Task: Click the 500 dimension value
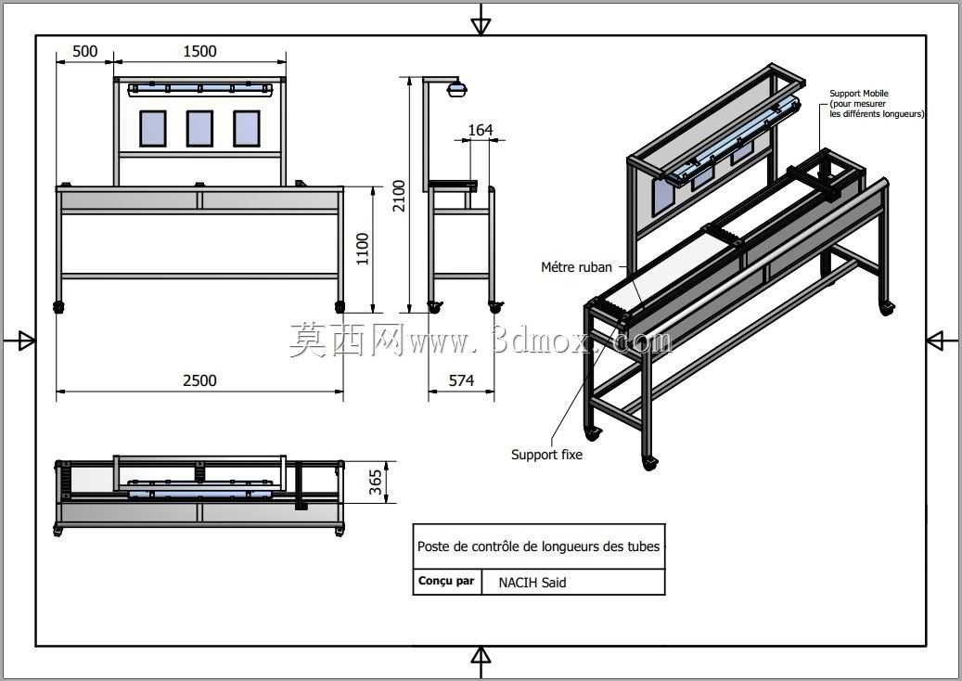pyautogui.click(x=84, y=52)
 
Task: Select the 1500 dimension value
pyautogui.click(x=200, y=52)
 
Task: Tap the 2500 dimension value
pyautogui.click(x=200, y=381)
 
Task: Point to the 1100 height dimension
pyautogui.click(x=363, y=249)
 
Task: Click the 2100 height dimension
pyautogui.click(x=399, y=196)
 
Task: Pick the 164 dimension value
pyautogui.click(x=481, y=130)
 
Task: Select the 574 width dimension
pyautogui.click(x=461, y=381)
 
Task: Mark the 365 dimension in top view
pyautogui.click(x=376, y=482)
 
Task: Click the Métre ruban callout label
pyautogui.click(x=577, y=267)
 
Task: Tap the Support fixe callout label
pyautogui.click(x=546, y=455)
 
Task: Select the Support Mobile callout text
pyautogui.click(x=877, y=104)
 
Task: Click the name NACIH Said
pyautogui.click(x=532, y=583)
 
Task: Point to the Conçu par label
pyautogui.click(x=446, y=581)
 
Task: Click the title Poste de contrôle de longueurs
pyautogui.click(x=539, y=546)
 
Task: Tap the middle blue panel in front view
pyautogui.click(x=199, y=129)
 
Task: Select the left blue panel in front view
pyautogui.click(x=153, y=129)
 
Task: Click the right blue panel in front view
pyautogui.click(x=247, y=129)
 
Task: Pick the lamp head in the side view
pyautogui.click(x=457, y=89)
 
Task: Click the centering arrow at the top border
pyautogui.click(x=481, y=25)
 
